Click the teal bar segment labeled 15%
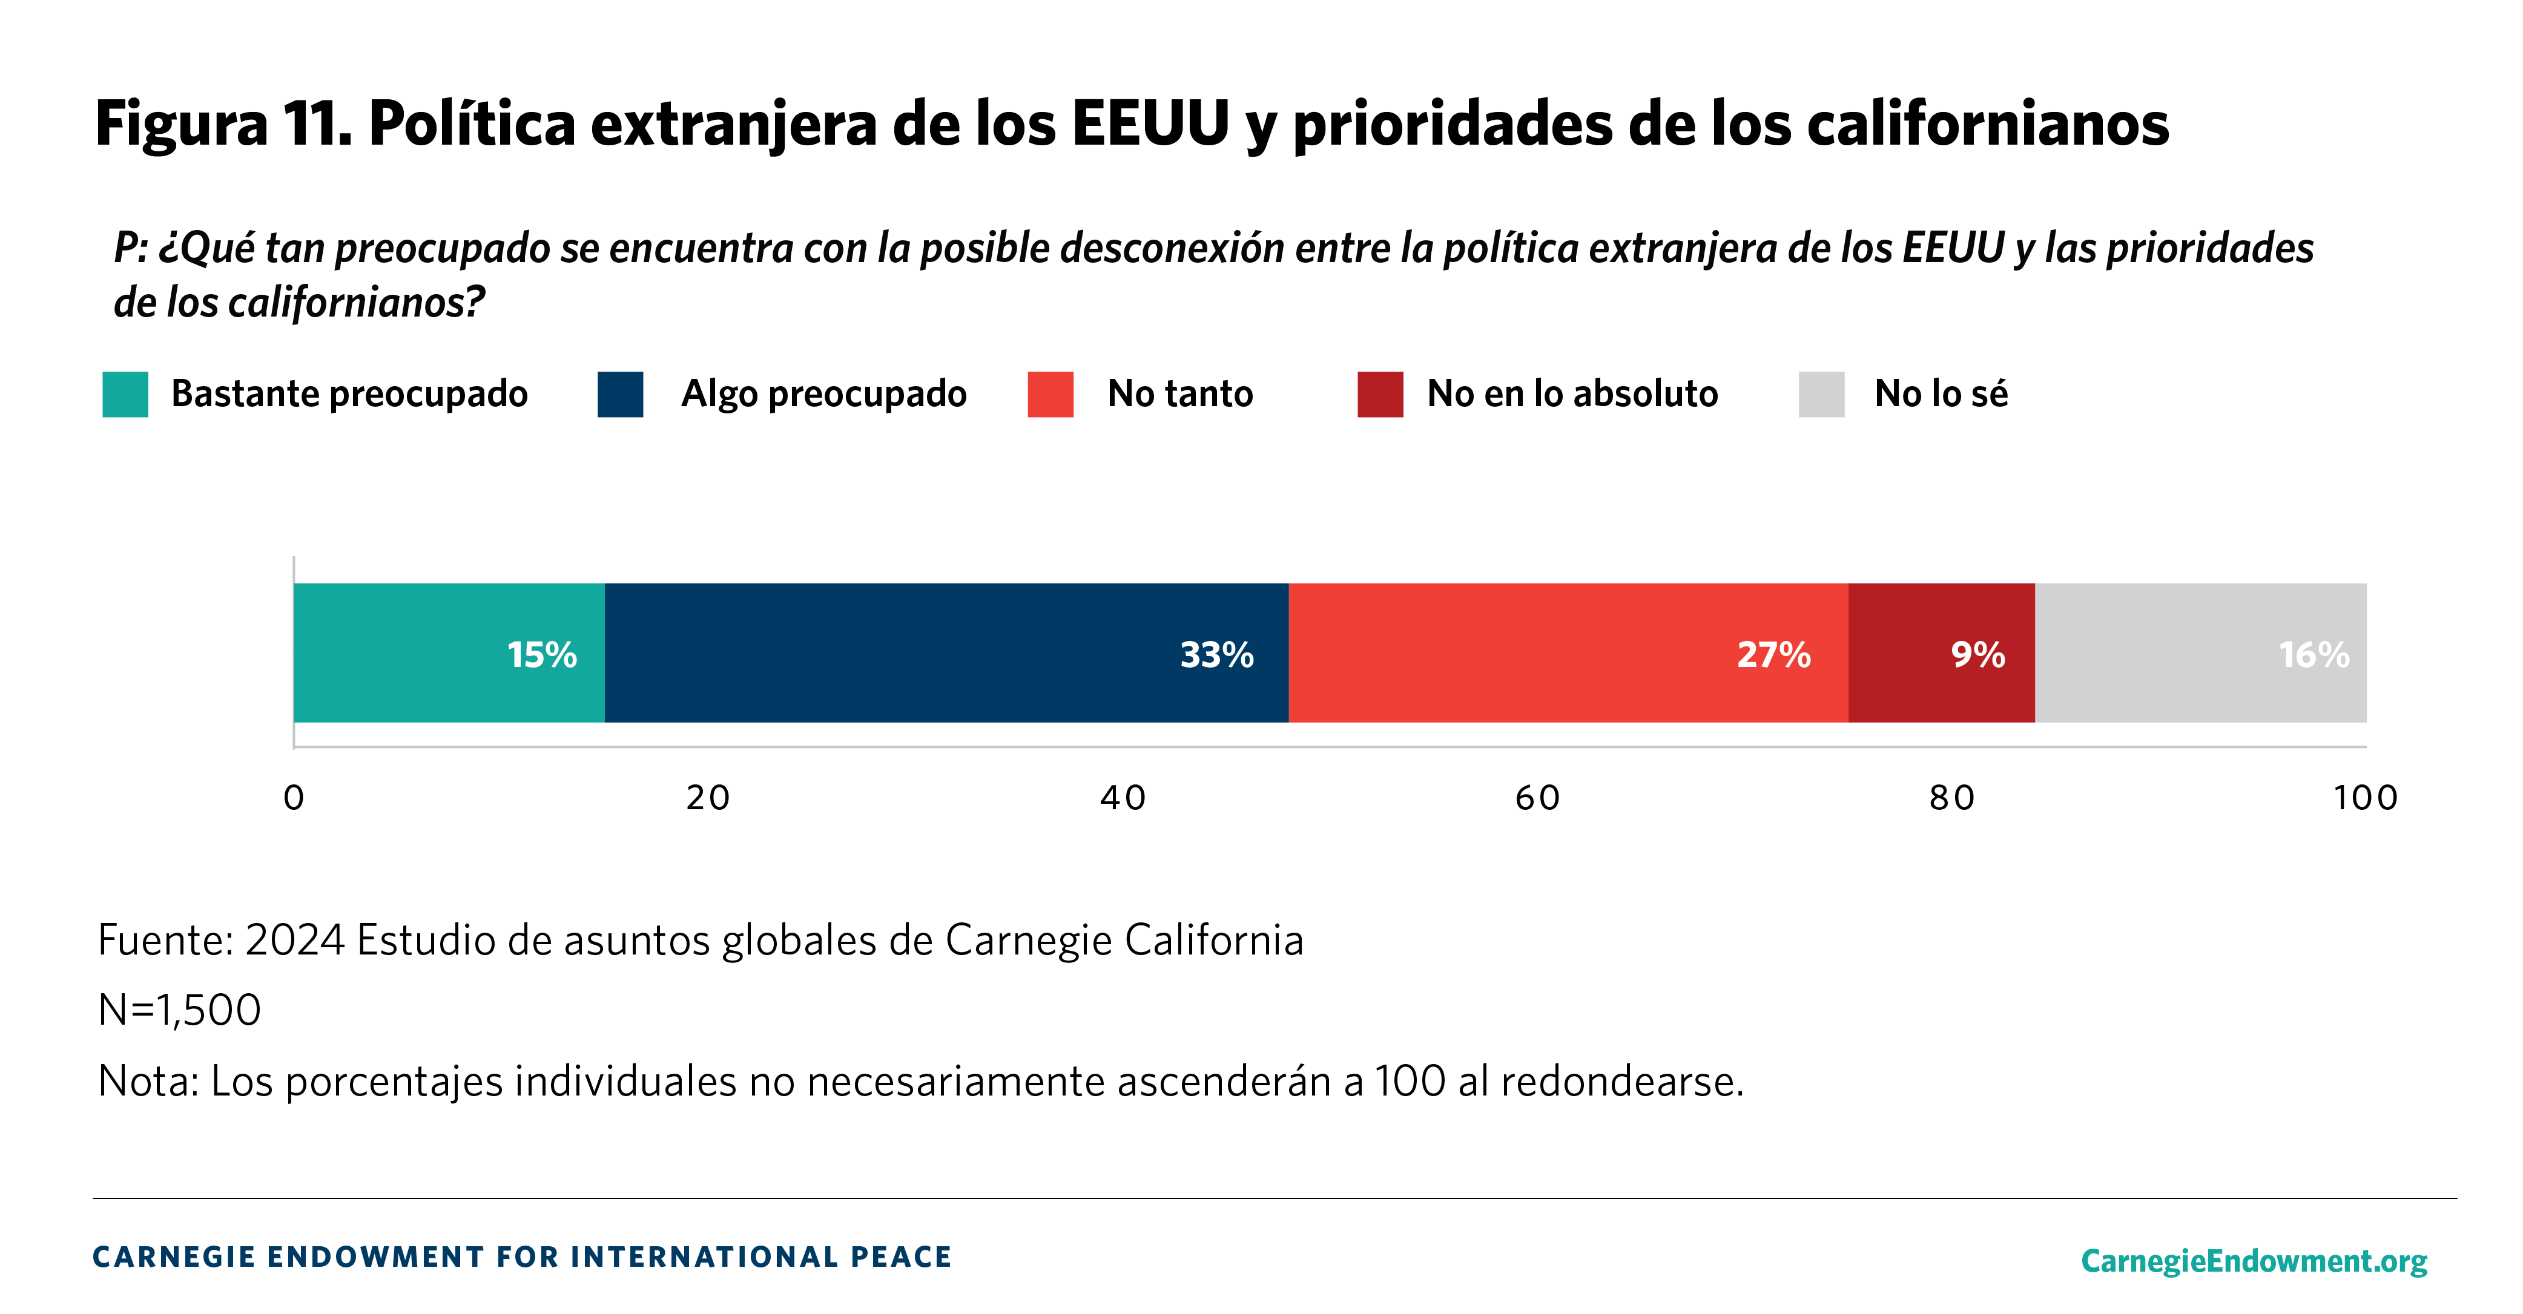coord(449,653)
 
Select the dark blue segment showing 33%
coord(946,653)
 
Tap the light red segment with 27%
coord(1568,653)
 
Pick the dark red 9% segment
coord(1941,653)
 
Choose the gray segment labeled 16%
coord(2200,653)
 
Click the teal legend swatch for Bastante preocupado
coord(125,395)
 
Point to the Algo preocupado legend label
coord(823,393)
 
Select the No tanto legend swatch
coord(1050,395)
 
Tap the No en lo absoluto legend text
coord(1572,393)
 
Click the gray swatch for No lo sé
coord(1821,395)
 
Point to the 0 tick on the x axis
coord(294,798)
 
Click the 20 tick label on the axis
coord(708,798)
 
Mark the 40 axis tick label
coord(1123,798)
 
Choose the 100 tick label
coord(2366,798)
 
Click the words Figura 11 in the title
coord(223,124)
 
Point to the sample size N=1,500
coord(179,1010)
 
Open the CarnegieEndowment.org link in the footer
coord(2254,1260)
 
